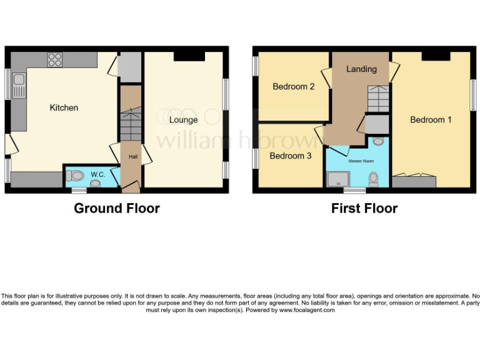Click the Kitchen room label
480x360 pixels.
(64, 107)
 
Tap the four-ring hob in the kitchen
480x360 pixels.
(55, 59)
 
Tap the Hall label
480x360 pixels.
(132, 156)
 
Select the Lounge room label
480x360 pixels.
(184, 119)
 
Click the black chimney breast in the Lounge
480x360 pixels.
(189, 57)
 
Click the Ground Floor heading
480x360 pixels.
(117, 208)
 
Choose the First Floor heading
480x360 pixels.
(364, 208)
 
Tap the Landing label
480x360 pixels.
(361, 69)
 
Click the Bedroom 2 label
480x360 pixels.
(293, 87)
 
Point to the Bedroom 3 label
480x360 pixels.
(290, 156)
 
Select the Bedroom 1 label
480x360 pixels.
(431, 119)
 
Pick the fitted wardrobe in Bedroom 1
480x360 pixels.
(414, 182)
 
